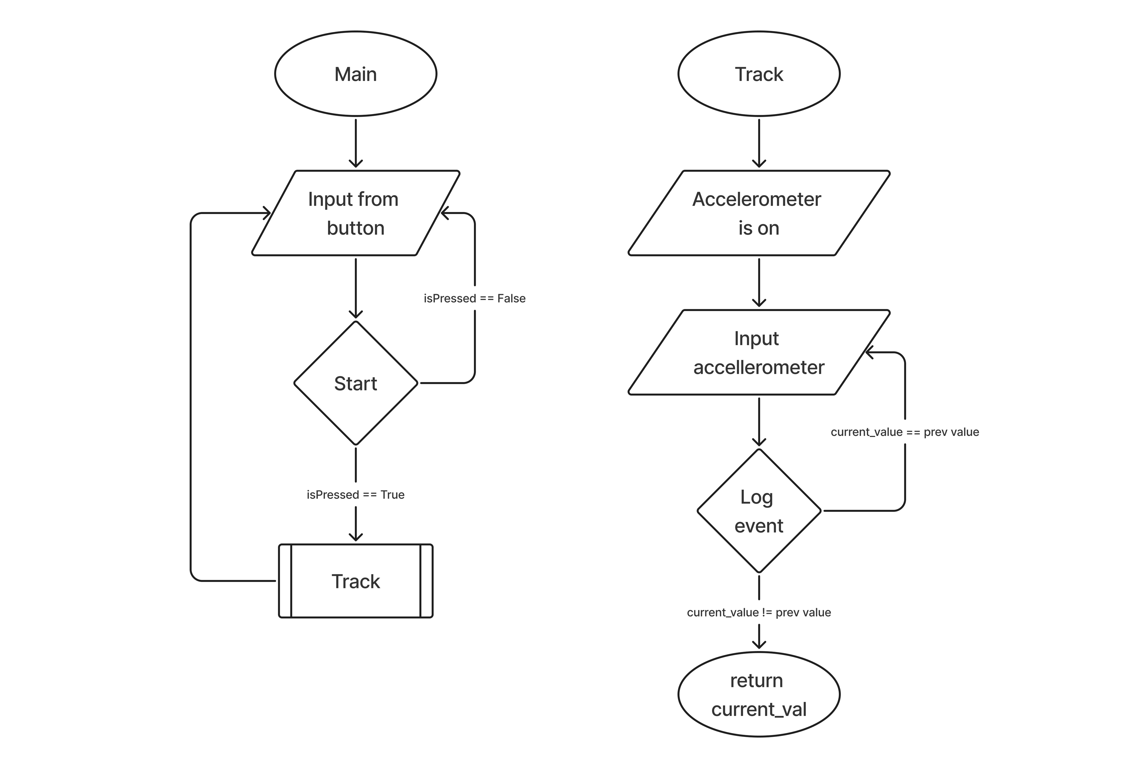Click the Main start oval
[x=355, y=74]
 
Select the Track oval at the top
[x=759, y=74]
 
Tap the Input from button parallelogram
[x=355, y=213]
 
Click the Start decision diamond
[x=355, y=383]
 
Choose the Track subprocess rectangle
[x=355, y=581]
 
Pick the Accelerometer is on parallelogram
[x=759, y=213]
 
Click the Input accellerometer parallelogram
[x=759, y=352]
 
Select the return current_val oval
[x=759, y=695]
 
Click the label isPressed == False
[x=475, y=299]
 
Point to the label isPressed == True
[x=355, y=495]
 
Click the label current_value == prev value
[x=905, y=432]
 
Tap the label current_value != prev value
[x=759, y=613]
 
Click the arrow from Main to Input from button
[x=355, y=143]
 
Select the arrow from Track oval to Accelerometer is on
[x=759, y=143]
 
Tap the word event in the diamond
[x=759, y=526]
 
